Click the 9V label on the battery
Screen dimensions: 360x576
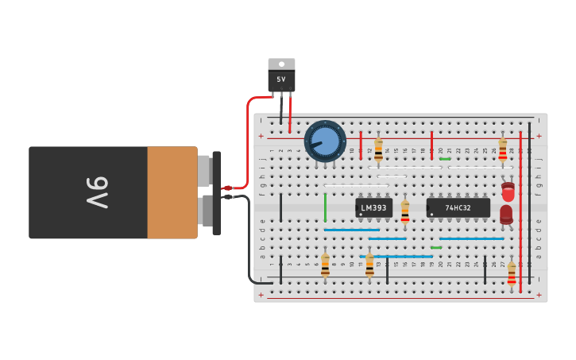(95, 192)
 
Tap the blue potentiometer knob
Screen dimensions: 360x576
(325, 141)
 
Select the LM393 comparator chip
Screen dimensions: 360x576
(373, 208)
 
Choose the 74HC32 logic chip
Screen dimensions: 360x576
(458, 208)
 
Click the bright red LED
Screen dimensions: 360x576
(508, 192)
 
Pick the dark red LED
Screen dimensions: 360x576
(506, 213)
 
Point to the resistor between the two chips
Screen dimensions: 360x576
(405, 211)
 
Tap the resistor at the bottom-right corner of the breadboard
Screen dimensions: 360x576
(512, 273)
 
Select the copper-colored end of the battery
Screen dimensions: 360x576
(172, 192)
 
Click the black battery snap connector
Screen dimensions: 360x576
(217, 193)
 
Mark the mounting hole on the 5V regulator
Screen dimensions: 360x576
(281, 64)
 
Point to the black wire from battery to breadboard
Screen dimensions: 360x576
(250, 238)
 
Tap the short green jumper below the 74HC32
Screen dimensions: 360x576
(436, 248)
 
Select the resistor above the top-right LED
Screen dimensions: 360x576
(502, 148)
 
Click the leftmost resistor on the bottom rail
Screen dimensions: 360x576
(325, 265)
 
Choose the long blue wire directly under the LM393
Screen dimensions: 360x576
(351, 230)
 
